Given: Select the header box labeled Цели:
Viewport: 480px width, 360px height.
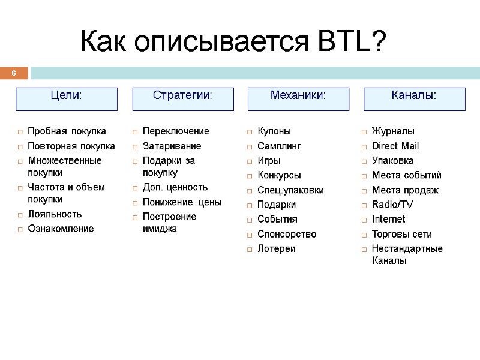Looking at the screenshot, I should pyautogui.click(x=66, y=99).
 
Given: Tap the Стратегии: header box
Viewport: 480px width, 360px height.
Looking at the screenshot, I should pyautogui.click(x=182, y=99).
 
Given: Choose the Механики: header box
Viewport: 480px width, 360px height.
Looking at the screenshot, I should pyautogui.click(x=298, y=99).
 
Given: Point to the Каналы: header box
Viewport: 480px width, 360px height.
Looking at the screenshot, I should pyautogui.click(x=414, y=99).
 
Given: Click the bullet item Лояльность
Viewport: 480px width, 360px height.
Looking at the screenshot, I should pyautogui.click(x=55, y=214).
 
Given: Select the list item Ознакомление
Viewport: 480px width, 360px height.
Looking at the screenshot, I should pyautogui.click(x=61, y=229).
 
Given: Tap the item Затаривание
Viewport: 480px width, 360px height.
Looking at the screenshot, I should pyautogui.click(x=172, y=146).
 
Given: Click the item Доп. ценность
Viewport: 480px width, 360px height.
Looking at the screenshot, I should pyautogui.click(x=175, y=187).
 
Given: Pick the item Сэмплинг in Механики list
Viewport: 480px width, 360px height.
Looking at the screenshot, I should pyautogui.click(x=279, y=146).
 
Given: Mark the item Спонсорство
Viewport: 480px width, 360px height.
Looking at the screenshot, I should pyautogui.click(x=286, y=234).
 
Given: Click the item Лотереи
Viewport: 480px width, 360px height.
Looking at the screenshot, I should pyautogui.click(x=276, y=248).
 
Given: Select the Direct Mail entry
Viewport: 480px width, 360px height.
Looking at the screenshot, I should pyautogui.click(x=395, y=146).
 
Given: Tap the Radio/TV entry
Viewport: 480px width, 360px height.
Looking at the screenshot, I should pyautogui.click(x=392, y=205).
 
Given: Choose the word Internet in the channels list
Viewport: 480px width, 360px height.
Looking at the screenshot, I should pyautogui.click(x=388, y=219).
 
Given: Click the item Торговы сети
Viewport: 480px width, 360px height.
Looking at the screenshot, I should pyautogui.click(x=401, y=234).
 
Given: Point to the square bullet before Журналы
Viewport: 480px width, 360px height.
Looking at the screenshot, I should pyautogui.click(x=364, y=131).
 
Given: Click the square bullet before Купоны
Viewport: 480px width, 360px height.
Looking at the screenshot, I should pyautogui.click(x=250, y=131).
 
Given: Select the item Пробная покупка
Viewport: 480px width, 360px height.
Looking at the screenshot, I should pyautogui.click(x=67, y=131).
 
